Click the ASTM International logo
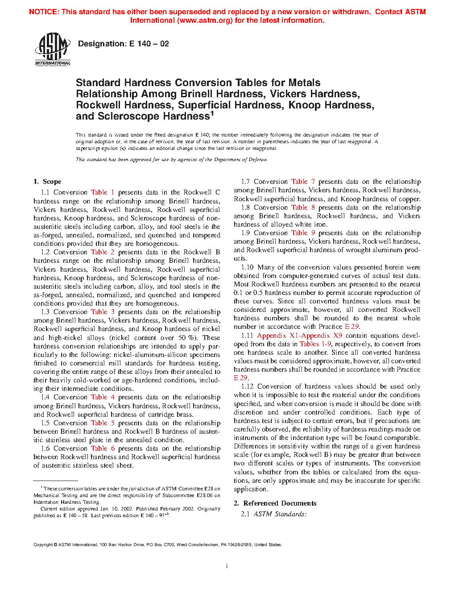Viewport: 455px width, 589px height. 52,49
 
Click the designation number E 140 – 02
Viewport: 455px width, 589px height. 149,44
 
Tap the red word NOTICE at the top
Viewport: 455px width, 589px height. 43,12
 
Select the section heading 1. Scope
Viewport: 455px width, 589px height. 47,182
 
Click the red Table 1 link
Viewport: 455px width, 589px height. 103,192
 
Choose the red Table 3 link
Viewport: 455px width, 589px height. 103,312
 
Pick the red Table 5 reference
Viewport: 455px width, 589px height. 103,423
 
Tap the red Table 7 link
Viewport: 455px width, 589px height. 303,182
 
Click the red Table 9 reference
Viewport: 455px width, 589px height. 303,233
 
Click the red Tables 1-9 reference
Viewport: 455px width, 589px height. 315,344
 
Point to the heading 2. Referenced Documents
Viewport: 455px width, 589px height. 275,503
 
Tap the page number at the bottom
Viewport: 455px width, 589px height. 227,566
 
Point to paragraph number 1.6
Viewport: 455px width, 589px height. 45,448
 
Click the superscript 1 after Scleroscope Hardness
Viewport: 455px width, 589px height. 212,113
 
